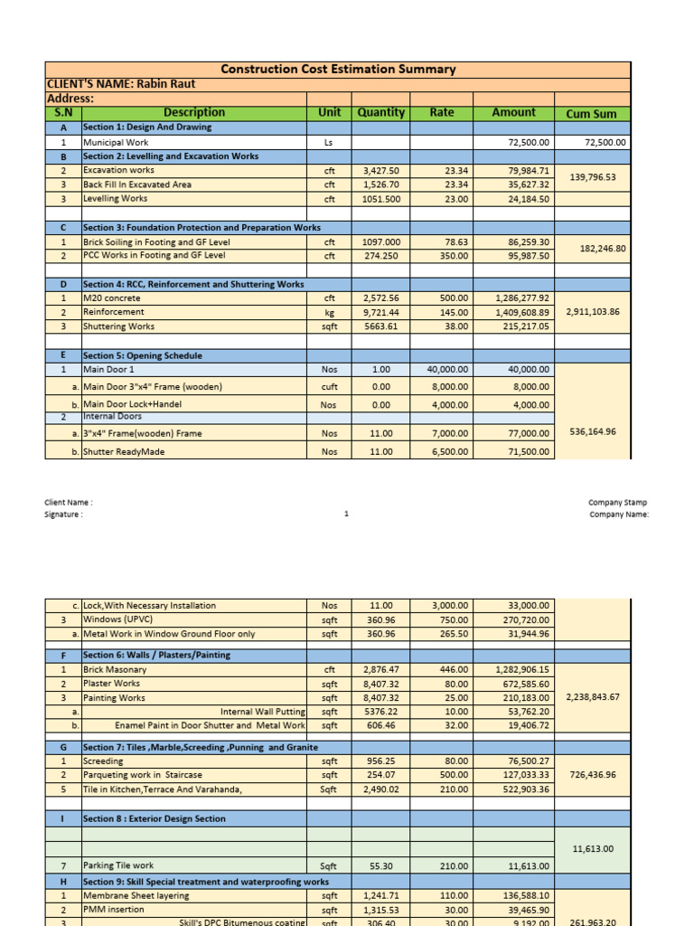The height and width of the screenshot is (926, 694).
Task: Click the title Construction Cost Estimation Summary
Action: (338, 69)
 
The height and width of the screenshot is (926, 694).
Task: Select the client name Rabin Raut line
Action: (121, 84)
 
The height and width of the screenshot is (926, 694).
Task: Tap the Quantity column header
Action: (380, 113)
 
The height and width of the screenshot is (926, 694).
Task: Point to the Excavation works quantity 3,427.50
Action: (380, 170)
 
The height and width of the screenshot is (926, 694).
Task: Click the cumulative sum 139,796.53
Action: (593, 177)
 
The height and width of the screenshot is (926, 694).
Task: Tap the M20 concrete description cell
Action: (112, 298)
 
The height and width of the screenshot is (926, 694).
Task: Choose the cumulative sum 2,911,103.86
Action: (593, 312)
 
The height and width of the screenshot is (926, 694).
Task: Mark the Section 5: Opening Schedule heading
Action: (143, 356)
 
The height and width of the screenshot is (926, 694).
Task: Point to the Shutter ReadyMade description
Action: (124, 451)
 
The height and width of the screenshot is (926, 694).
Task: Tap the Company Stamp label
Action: (617, 503)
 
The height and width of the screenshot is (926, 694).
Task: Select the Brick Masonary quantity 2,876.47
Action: (380, 670)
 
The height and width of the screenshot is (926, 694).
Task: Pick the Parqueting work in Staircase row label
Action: (143, 775)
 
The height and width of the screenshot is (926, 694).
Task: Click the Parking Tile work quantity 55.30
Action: (380, 865)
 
